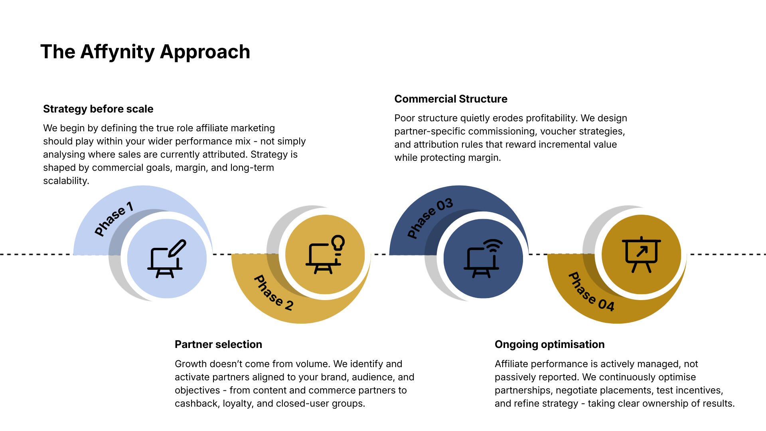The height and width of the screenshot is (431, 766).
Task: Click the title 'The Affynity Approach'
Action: coord(145,52)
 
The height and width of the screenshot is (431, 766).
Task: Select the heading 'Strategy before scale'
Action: coord(98,109)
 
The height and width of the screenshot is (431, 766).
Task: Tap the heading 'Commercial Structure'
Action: coord(451,99)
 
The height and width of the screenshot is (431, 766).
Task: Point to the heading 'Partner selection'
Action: coord(218,344)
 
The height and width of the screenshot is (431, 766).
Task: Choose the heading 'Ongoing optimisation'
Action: coord(549,344)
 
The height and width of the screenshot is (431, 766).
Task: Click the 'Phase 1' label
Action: coord(114,219)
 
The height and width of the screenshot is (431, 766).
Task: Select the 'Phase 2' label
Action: coord(274,293)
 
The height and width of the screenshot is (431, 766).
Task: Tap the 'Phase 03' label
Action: coord(430,218)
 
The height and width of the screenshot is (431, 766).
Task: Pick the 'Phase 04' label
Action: coord(591,292)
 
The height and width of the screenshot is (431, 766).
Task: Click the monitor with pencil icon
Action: coord(167,259)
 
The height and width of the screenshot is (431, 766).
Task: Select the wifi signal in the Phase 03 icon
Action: coord(493,245)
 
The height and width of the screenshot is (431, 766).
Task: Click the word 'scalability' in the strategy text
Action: coord(65,181)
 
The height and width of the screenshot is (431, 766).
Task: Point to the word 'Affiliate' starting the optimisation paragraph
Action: coord(511,364)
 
